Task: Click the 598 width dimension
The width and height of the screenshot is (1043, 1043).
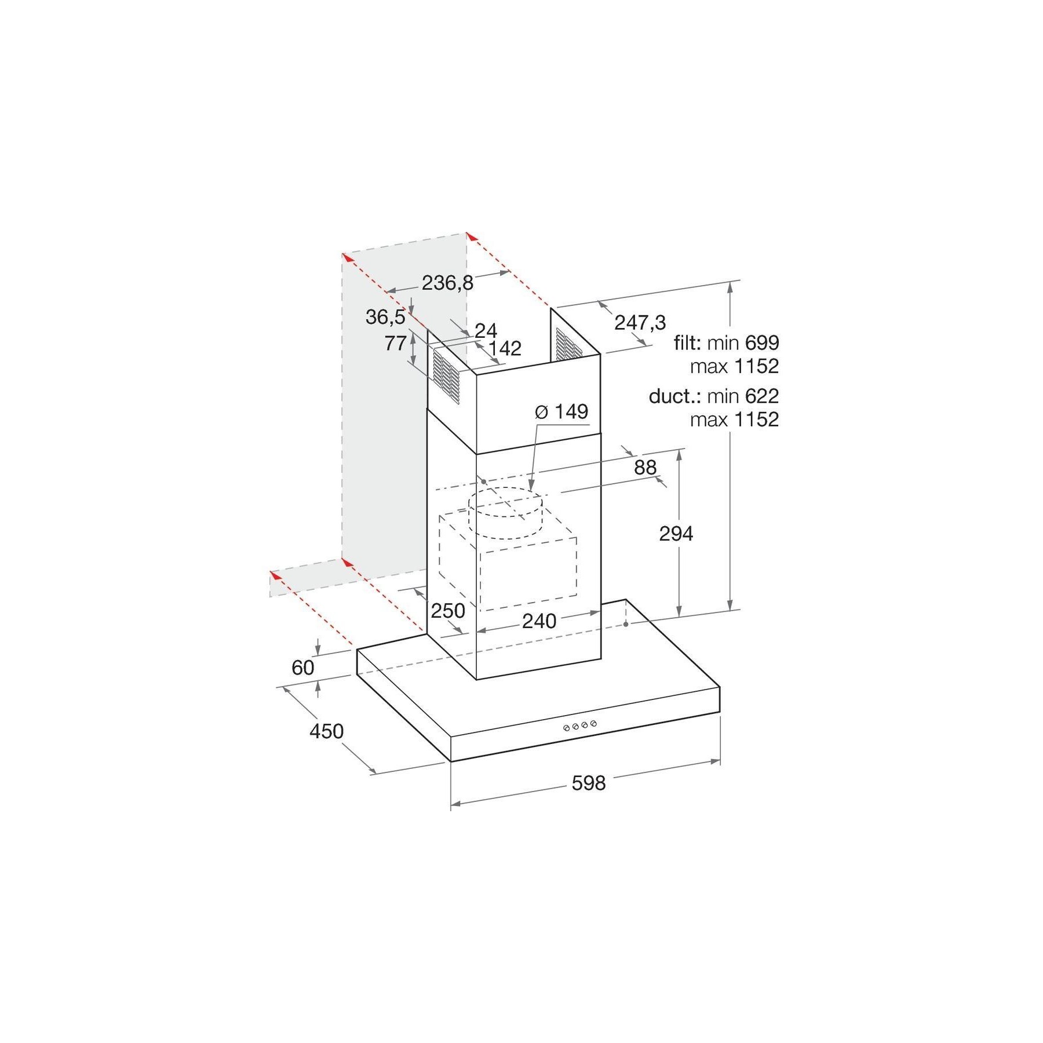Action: (588, 783)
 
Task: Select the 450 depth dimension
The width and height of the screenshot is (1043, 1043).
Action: (326, 731)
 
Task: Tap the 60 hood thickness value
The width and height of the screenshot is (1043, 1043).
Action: (302, 668)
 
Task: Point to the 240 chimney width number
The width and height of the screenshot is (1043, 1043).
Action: (539, 621)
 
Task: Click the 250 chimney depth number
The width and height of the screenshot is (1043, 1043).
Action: (448, 610)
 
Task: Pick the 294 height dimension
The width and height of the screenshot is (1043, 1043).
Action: (676, 533)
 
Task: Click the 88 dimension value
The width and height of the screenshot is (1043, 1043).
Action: (645, 467)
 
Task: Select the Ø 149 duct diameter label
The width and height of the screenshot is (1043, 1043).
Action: (561, 411)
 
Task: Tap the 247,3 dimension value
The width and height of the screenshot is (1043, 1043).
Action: (640, 322)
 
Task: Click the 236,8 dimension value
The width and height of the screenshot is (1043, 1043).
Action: (447, 283)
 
